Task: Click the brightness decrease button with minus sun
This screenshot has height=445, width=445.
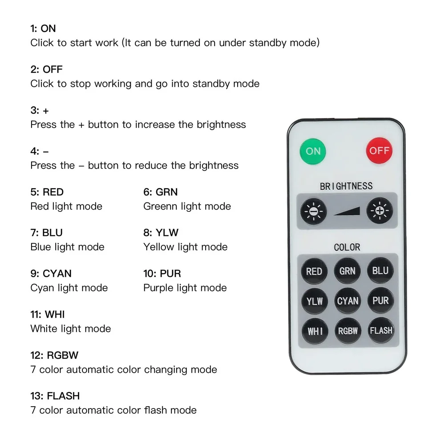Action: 313,210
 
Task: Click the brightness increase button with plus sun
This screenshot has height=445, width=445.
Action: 380,210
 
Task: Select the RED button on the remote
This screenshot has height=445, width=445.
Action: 314,271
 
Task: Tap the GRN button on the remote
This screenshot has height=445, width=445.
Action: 347,271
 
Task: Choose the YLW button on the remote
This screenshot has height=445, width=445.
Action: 314,301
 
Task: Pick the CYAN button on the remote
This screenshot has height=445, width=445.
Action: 348,301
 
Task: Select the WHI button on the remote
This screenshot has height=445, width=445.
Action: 315,331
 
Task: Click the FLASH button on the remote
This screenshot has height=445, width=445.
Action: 381,331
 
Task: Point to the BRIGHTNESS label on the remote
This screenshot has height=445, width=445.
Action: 346,186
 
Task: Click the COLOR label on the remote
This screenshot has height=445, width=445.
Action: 347,247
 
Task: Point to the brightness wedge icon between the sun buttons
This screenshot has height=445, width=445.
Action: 347,211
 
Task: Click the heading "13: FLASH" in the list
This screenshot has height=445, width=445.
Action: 55,396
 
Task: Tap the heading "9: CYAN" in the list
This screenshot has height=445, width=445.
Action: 51,273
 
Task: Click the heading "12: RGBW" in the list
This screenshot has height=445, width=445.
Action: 54,355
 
